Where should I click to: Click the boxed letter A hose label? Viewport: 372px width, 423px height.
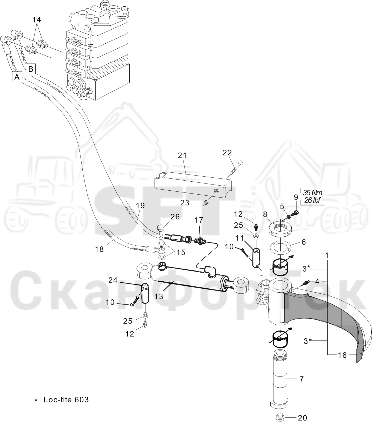coord(17,77)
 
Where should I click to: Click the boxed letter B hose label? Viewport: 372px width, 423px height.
coord(31,69)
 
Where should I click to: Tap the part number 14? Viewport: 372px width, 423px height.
coord(37,20)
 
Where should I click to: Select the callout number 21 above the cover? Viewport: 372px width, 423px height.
coord(182,155)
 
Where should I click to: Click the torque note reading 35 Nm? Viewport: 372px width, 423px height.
coord(313,192)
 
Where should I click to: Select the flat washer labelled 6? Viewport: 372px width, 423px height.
coord(280,249)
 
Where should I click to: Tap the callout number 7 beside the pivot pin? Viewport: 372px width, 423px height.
coord(301,379)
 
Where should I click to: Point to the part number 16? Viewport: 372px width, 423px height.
coord(342,355)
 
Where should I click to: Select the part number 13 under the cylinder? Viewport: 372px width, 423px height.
coord(159,296)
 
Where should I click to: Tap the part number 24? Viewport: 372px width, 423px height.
coord(113,280)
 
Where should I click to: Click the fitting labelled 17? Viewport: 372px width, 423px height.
coord(200,241)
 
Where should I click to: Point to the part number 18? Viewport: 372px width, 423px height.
coord(99,249)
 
